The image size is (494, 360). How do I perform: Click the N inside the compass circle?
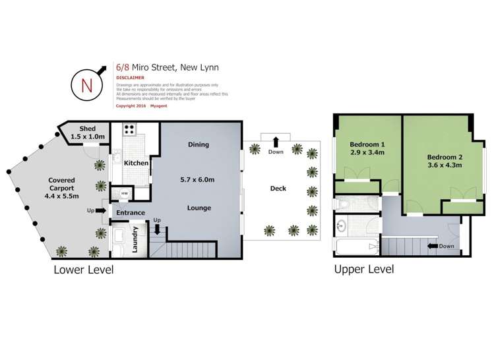tap(86, 84)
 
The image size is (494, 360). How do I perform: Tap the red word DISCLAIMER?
tap(130, 77)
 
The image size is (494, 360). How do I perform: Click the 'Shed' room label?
tap(88, 129)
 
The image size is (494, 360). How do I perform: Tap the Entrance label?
tap(131, 213)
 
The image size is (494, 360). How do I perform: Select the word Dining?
tap(198, 144)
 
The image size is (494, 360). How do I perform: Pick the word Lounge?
tap(199, 208)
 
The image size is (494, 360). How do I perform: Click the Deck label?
tap(278, 188)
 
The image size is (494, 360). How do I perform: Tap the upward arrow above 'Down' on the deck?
tap(275, 141)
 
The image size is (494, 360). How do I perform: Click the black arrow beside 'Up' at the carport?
tap(100, 211)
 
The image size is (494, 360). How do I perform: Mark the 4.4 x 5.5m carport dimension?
tap(62, 195)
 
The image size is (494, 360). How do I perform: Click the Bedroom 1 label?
tap(367, 144)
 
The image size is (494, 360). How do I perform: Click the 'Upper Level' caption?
tap(364, 269)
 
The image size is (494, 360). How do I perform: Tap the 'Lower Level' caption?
tap(84, 269)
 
